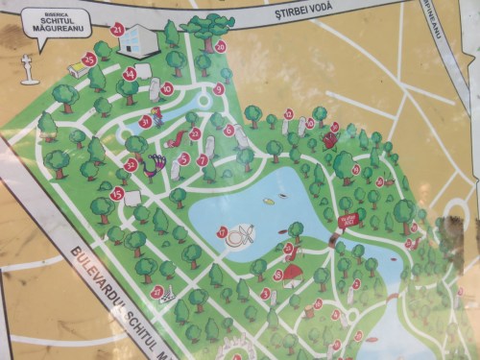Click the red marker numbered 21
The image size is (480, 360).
coord(118,29)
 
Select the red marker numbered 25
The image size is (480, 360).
coord(89,60)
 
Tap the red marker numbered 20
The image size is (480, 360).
coord(220,45)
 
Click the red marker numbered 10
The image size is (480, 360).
coord(167,88)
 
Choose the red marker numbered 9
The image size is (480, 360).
coord(219,89)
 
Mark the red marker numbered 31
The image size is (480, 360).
coord(145,122)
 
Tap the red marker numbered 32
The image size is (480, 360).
coord(131,165)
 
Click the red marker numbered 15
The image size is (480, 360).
coord(117,194)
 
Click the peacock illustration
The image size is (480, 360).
coord(150,167)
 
